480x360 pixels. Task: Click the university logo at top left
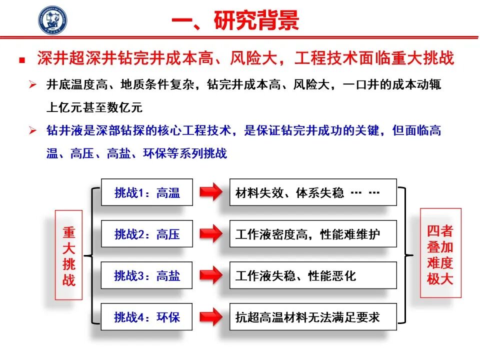pyautogui.click(x=52, y=20)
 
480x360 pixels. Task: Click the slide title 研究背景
pyautogui.click(x=256, y=20)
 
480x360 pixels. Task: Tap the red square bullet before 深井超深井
pyautogui.click(x=22, y=59)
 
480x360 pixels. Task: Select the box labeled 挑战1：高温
pyautogui.click(x=147, y=192)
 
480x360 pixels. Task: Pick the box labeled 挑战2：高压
pyautogui.click(x=147, y=233)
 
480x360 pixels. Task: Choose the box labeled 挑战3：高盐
pyautogui.click(x=146, y=275)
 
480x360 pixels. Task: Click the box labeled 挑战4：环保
pyautogui.click(x=146, y=316)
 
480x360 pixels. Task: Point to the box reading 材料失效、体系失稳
pyautogui.click(x=313, y=192)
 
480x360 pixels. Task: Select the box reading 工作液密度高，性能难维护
pyautogui.click(x=313, y=233)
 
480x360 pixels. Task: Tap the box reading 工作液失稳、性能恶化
pyautogui.click(x=313, y=275)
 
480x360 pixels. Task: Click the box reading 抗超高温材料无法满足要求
pyautogui.click(x=313, y=316)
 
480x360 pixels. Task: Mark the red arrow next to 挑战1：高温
pyautogui.click(x=211, y=192)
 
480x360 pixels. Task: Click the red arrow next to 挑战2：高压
pyautogui.click(x=211, y=233)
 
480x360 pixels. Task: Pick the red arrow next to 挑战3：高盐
pyautogui.click(x=211, y=275)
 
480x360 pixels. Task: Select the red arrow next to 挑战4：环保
pyautogui.click(x=211, y=316)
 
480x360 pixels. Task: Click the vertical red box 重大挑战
pyautogui.click(x=68, y=254)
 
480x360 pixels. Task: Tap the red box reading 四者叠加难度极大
pyautogui.click(x=440, y=253)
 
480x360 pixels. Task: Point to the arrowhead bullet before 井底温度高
pyautogui.click(x=33, y=84)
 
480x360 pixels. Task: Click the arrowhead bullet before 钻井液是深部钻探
pyautogui.click(x=33, y=130)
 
